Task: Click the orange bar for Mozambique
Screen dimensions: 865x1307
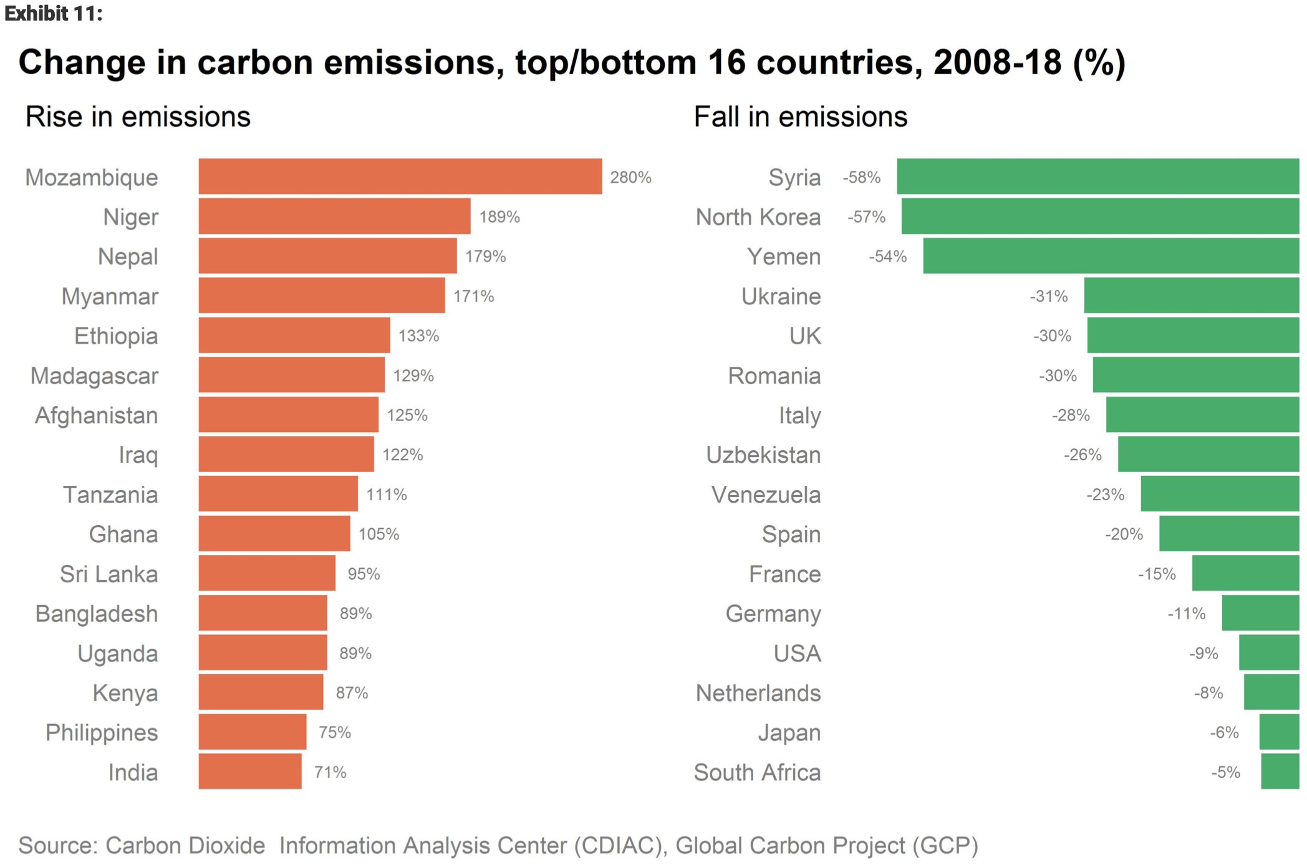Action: pos(400,176)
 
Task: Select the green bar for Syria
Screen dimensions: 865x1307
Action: pos(1097,176)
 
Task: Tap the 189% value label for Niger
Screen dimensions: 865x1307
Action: pos(499,217)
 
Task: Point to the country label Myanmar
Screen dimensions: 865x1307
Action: pos(110,296)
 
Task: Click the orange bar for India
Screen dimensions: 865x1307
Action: pos(250,771)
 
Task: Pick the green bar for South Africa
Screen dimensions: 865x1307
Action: pos(1280,771)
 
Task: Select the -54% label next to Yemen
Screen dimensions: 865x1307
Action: pos(888,256)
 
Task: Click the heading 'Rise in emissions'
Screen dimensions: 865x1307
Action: pos(138,117)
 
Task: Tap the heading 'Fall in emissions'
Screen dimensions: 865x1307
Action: pos(801,117)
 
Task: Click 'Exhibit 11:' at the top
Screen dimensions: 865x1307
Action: pos(54,13)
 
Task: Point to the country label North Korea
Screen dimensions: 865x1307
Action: pos(758,217)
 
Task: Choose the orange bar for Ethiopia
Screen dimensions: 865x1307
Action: pos(294,336)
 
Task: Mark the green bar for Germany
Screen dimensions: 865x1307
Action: pos(1260,613)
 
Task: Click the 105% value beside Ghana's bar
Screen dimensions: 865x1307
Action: pos(379,534)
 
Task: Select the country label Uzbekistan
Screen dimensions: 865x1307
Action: pos(763,455)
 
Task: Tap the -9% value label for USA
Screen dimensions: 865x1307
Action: pos(1203,654)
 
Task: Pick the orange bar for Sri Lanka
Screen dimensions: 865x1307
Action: pos(267,573)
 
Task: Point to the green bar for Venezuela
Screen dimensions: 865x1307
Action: pos(1220,494)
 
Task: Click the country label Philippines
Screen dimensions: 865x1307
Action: pos(102,733)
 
